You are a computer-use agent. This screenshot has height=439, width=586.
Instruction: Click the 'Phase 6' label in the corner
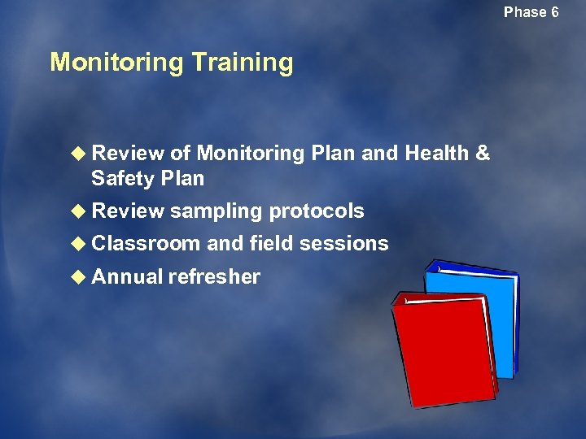coord(531,12)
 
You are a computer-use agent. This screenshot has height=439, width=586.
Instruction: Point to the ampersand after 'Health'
coord(482,154)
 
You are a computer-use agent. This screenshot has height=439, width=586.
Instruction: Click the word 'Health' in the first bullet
coord(435,154)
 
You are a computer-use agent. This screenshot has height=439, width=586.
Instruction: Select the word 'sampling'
coord(216,211)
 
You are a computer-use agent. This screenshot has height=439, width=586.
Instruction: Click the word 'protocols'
coord(317,211)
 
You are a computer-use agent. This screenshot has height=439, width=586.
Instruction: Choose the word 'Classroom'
coord(146,244)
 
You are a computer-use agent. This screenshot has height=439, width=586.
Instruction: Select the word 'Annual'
coord(128,277)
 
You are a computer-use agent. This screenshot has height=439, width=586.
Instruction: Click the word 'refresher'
coord(214,277)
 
